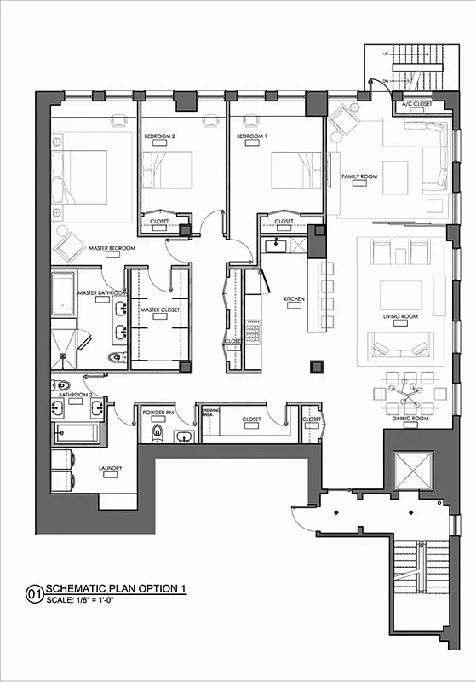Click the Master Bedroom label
[112, 248]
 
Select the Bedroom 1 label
[252, 136]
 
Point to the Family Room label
[359, 176]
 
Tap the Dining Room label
[410, 419]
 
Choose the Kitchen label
[294, 299]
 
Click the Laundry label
[110, 468]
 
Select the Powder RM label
[158, 412]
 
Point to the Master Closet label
[159, 309]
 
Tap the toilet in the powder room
[156, 435]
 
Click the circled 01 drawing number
[34, 592]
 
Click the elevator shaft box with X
[412, 469]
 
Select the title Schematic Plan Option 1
[114, 589]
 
